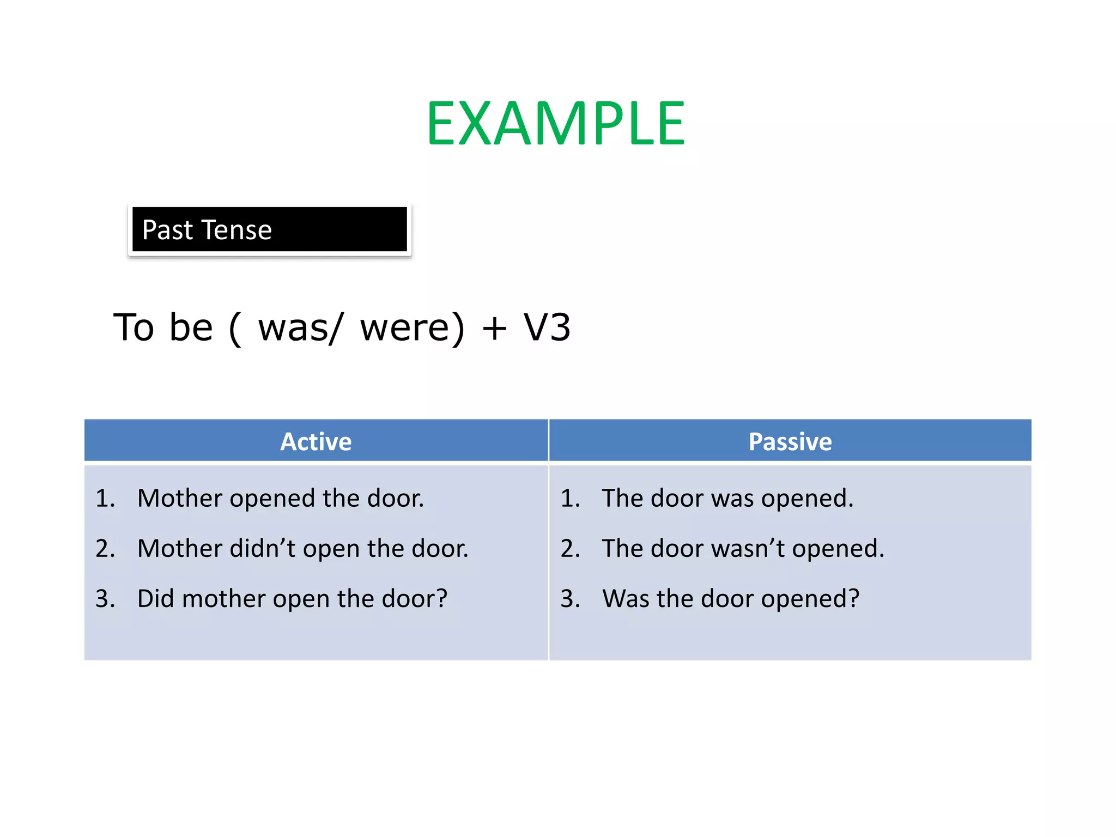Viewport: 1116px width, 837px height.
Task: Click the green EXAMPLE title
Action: pos(555,124)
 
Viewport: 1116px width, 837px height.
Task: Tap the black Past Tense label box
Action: pos(269,229)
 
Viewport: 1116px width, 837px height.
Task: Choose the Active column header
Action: pos(316,441)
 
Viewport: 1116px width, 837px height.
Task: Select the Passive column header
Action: pos(790,441)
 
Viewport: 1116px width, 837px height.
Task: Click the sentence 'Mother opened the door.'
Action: pos(280,498)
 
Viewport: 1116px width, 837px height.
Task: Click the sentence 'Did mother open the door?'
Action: pos(292,598)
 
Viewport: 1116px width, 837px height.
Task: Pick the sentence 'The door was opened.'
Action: pos(727,498)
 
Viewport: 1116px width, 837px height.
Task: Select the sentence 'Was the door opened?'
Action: pos(730,598)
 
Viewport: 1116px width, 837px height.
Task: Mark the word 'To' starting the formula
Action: pos(134,328)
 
